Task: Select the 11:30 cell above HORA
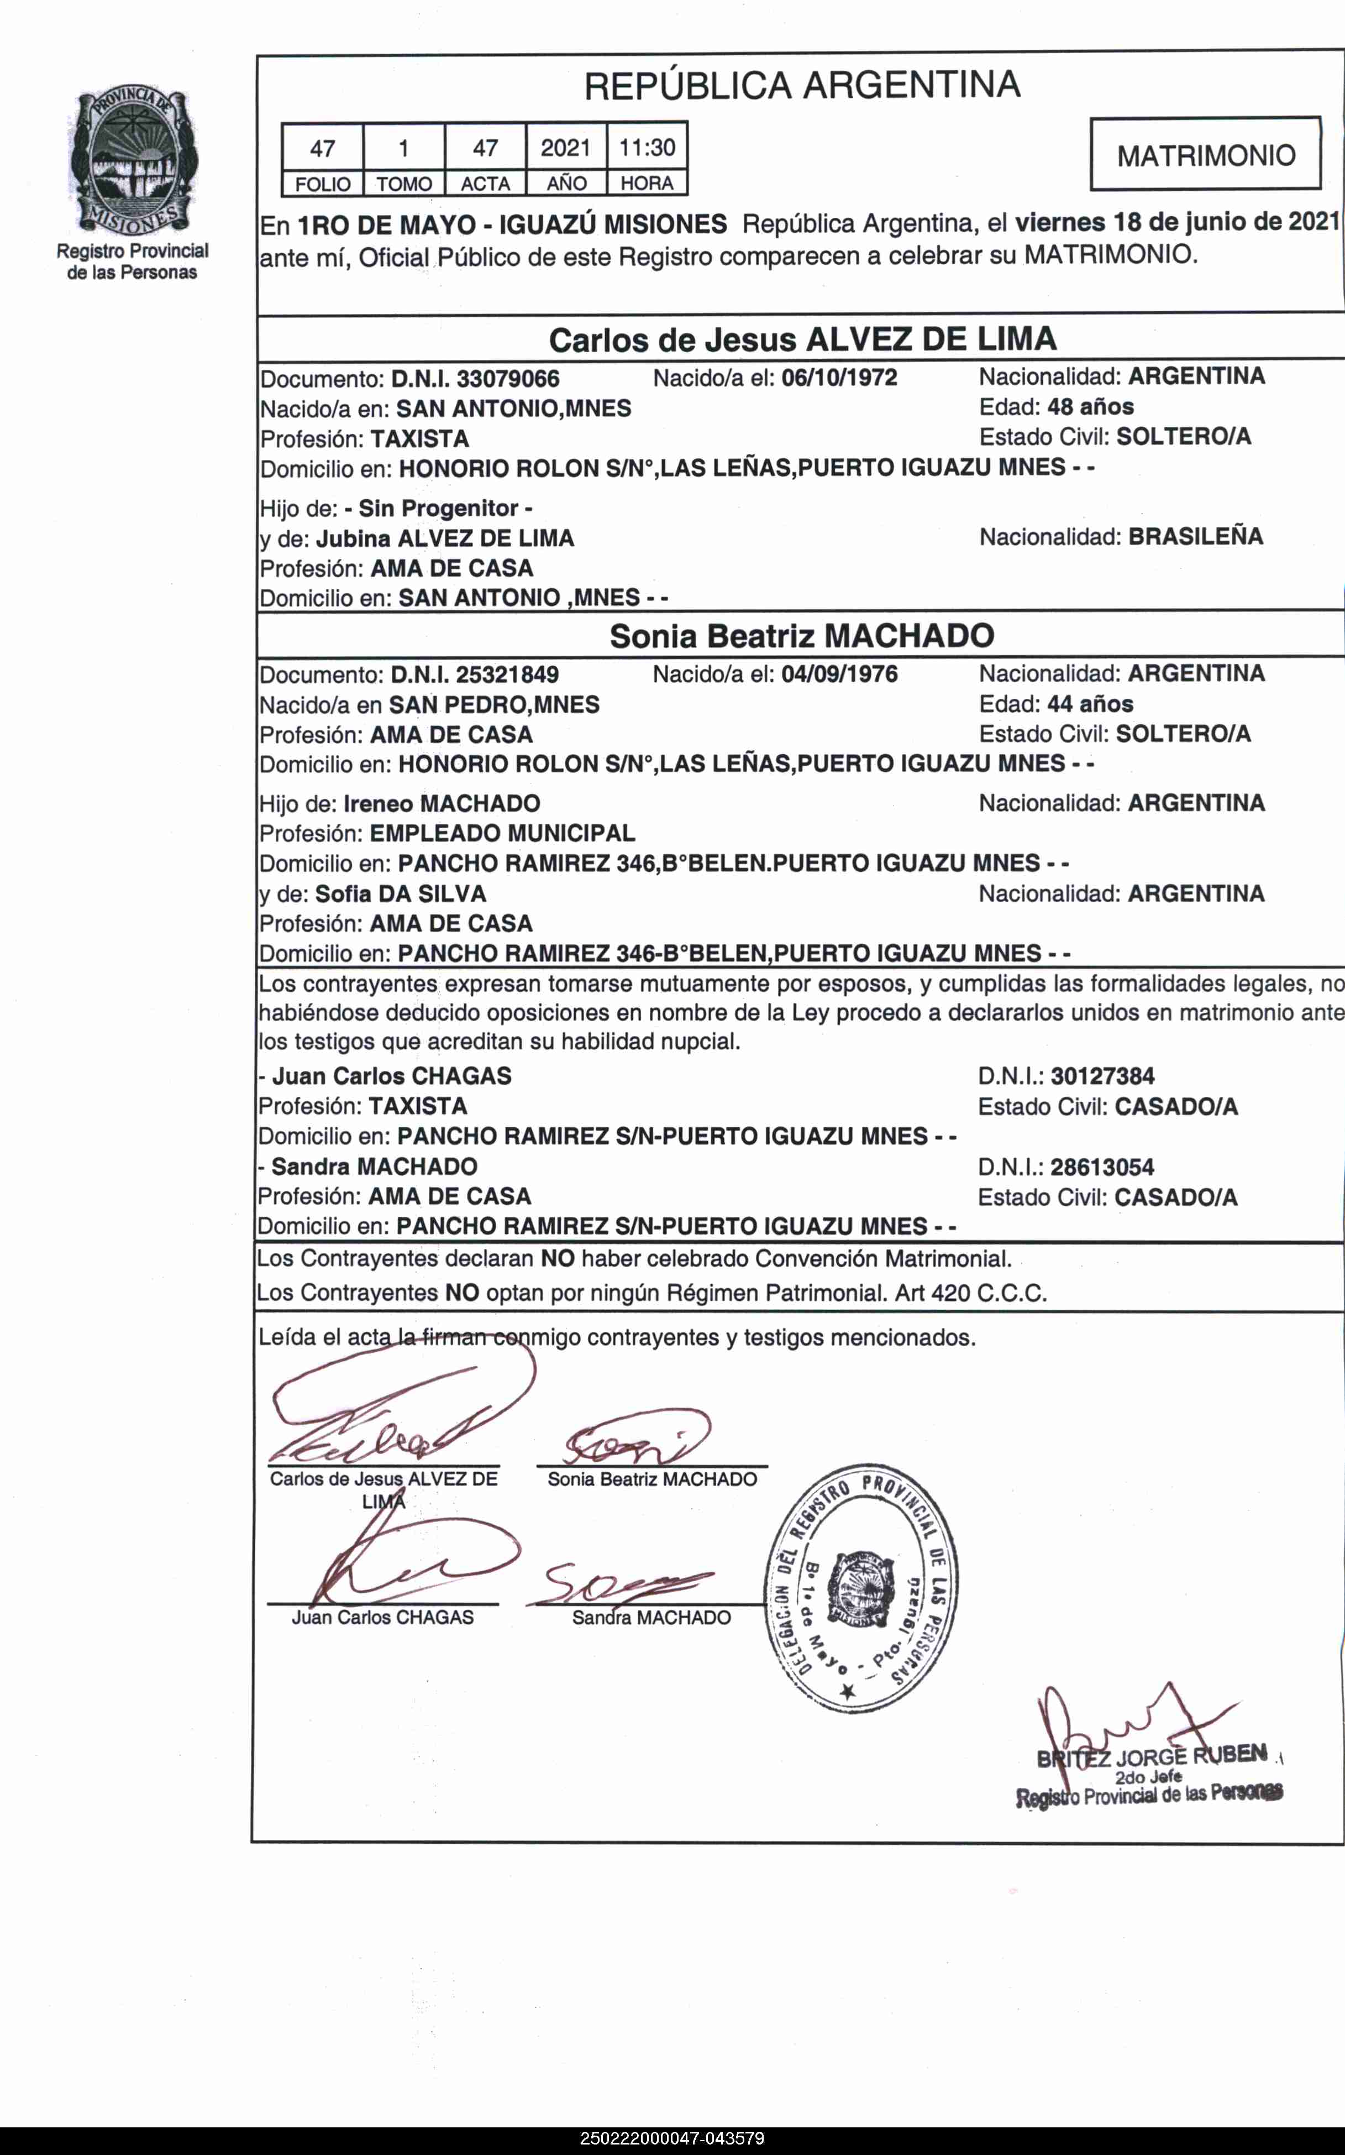(x=647, y=147)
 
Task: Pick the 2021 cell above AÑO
(x=566, y=147)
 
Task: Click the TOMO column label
(x=404, y=184)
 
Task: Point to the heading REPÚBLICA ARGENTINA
(x=801, y=86)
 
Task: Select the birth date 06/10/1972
(x=839, y=377)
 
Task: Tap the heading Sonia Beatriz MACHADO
(x=801, y=635)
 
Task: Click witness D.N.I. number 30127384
(x=1102, y=1076)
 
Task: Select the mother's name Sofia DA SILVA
(x=400, y=893)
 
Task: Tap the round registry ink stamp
(x=860, y=1588)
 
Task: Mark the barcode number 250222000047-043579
(x=671, y=2138)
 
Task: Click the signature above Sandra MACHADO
(x=623, y=1584)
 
